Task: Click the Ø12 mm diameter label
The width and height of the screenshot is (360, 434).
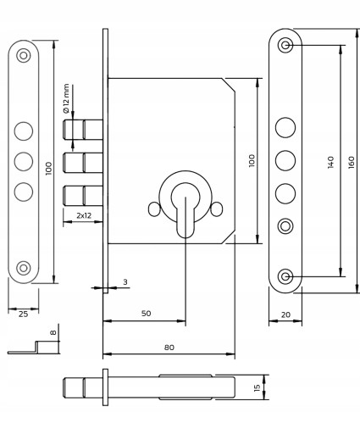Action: click(66, 98)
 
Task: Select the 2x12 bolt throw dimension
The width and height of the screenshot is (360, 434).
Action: click(84, 215)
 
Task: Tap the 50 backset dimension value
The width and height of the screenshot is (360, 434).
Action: click(146, 314)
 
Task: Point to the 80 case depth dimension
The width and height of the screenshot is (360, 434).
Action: click(169, 348)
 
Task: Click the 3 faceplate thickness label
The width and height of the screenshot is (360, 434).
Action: click(125, 281)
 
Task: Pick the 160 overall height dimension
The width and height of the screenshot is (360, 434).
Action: click(352, 163)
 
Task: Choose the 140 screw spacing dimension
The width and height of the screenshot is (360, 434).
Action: click(330, 162)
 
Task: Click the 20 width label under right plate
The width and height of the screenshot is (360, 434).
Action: click(285, 314)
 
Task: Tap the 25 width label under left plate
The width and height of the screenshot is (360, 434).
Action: click(23, 314)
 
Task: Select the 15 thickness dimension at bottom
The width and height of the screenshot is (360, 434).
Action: click(257, 387)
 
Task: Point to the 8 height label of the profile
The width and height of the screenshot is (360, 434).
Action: click(53, 332)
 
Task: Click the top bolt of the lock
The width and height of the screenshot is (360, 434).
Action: click(83, 130)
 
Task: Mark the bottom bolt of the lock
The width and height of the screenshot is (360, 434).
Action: click(83, 196)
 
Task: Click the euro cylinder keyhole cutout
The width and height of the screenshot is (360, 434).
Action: click(186, 209)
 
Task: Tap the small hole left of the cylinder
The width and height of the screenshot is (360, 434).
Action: click(154, 209)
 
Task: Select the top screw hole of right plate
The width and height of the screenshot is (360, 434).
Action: click(285, 45)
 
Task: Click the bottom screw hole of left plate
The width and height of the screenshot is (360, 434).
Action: click(24, 268)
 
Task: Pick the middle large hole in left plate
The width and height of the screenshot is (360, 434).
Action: click(24, 161)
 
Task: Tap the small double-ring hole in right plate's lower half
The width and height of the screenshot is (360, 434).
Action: click(285, 225)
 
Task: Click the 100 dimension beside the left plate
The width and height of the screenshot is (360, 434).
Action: click(48, 169)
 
